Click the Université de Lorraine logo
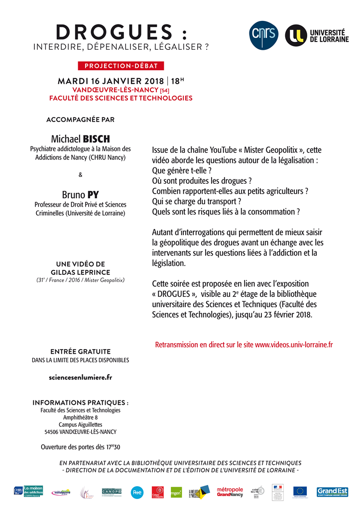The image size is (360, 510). (x=317, y=35)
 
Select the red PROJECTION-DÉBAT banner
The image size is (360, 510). (x=121, y=66)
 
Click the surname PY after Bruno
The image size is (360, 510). (x=93, y=194)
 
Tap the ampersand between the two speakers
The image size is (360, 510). (x=81, y=174)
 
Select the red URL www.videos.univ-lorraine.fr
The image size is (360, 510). (x=294, y=344)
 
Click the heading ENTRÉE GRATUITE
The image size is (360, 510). (x=81, y=351)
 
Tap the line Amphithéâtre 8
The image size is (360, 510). (x=81, y=417)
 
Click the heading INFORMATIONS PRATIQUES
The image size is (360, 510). (x=81, y=402)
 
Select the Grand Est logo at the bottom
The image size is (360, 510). (x=332, y=492)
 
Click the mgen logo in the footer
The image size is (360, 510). (x=176, y=492)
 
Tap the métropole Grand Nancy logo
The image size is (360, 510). (x=230, y=492)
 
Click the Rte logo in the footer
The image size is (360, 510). (x=137, y=492)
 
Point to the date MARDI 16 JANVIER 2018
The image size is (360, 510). (x=111, y=81)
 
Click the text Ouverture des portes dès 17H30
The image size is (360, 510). (x=81, y=447)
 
